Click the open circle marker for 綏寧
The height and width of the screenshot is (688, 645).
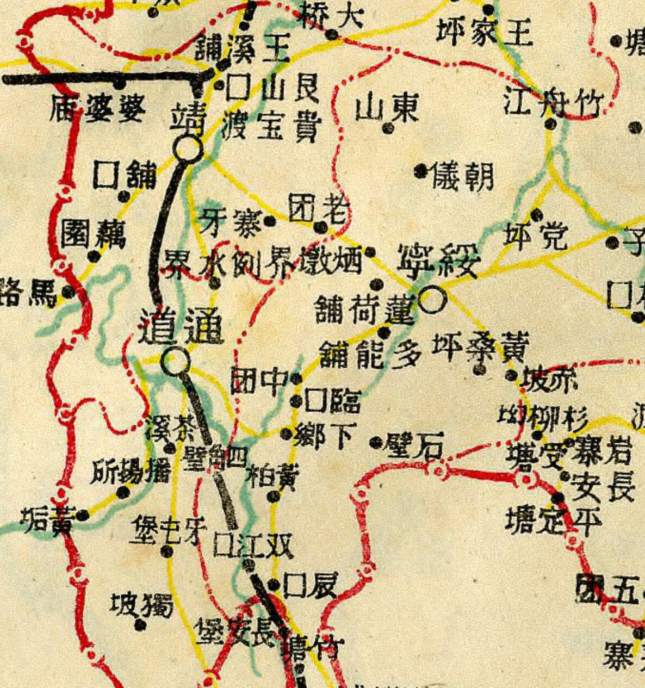[x=433, y=300]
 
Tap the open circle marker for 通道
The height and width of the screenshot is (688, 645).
[x=175, y=361]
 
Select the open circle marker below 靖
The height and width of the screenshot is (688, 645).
[x=188, y=148]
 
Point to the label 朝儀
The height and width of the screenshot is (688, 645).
[x=462, y=176]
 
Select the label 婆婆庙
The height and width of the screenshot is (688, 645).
[x=98, y=109]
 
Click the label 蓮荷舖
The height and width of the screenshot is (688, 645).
[x=365, y=309]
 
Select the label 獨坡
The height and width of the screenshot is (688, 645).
[x=142, y=605]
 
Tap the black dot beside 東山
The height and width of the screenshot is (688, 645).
[x=388, y=128]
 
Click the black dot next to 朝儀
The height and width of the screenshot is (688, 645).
[x=420, y=171]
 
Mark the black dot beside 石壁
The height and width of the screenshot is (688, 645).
[x=375, y=442]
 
